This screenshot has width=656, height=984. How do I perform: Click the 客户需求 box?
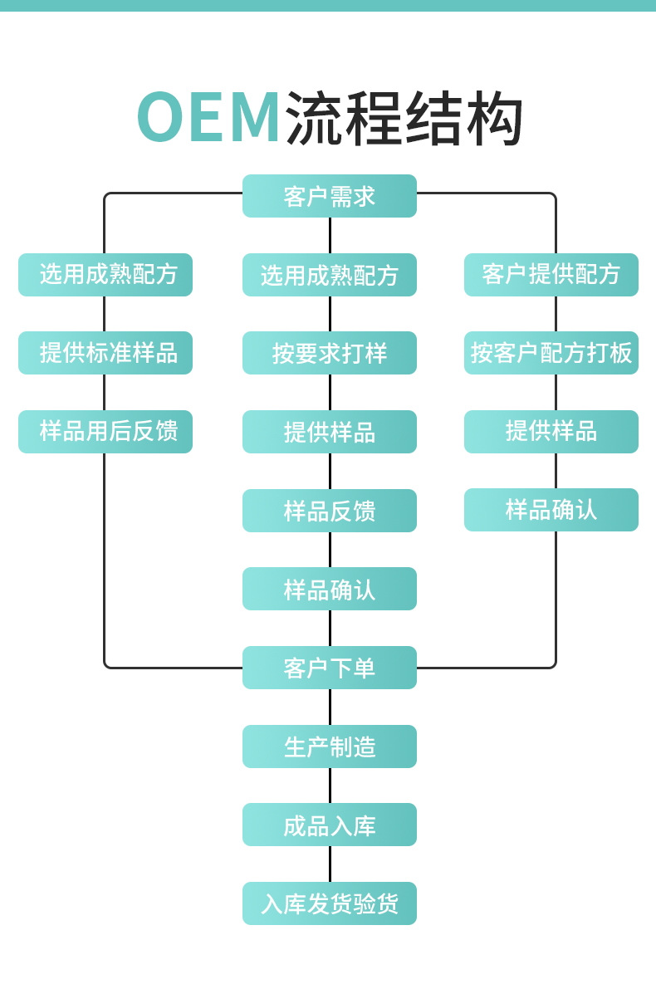[329, 196]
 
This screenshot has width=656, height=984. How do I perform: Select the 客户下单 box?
[329, 668]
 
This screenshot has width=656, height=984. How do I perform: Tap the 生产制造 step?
[329, 747]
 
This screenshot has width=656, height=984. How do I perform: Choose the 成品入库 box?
[329, 825]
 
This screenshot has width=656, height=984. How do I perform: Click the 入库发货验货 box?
[329, 903]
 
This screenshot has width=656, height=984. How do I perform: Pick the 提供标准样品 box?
[105, 353]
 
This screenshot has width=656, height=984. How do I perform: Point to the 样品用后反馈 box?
[105, 432]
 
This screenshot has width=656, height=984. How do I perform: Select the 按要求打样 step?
[329, 353]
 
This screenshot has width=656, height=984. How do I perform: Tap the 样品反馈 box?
[329, 511]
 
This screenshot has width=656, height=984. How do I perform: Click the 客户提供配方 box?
[551, 275]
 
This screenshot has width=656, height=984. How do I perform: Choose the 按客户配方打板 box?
[551, 353]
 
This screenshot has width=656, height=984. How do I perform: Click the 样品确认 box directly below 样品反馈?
[329, 589]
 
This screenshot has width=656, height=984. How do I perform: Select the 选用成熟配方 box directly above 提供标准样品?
[105, 275]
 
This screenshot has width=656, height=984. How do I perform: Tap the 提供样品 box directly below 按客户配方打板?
[551, 432]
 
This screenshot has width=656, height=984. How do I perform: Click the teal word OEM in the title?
[209, 118]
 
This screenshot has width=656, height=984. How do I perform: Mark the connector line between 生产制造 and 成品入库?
[330, 786]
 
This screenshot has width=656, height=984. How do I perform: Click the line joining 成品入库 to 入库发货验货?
[330, 864]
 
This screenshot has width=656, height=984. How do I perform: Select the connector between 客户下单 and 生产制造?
[330, 707]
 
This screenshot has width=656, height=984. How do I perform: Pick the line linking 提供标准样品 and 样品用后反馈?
[104, 392]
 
